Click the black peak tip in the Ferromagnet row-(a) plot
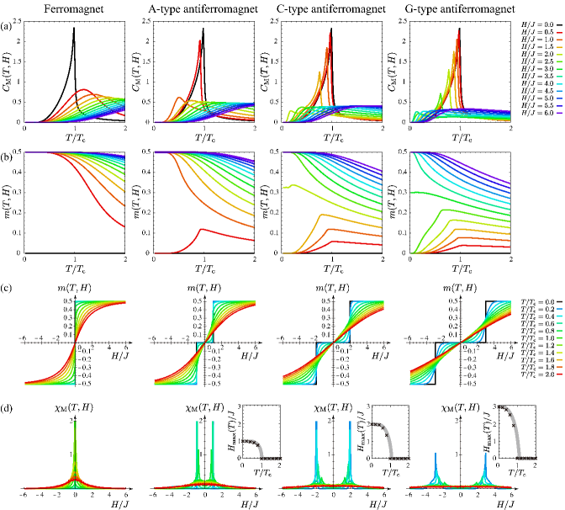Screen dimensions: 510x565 pyautogui.click(x=75, y=28)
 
